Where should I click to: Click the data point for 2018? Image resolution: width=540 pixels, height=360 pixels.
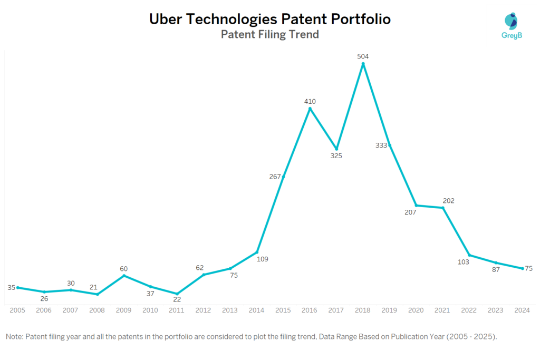[363, 64]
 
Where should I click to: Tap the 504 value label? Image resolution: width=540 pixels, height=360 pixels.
[363, 56]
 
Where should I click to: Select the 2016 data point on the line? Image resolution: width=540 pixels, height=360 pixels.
[310, 109]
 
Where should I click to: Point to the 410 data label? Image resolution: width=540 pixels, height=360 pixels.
[310, 101]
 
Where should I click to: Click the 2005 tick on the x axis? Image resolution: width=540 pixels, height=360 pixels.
[17, 310]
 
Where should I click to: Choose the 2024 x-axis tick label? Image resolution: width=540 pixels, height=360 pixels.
[522, 310]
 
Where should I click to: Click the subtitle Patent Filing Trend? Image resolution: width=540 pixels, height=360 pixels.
[269, 35]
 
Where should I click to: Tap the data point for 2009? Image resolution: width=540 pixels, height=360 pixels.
[124, 275]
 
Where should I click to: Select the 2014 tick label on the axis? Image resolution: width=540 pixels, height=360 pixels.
[257, 310]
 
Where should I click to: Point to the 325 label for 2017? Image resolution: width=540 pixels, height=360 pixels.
[336, 156]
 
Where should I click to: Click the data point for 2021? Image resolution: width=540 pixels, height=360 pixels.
[443, 208]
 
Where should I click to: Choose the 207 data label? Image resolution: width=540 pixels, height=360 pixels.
[410, 212]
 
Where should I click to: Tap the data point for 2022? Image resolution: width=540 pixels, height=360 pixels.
[469, 255]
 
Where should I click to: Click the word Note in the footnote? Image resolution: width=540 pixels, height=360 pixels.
[14, 336]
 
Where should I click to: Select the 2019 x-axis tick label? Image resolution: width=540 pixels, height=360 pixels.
[390, 310]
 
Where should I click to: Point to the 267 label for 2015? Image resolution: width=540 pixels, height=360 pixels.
[275, 177]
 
